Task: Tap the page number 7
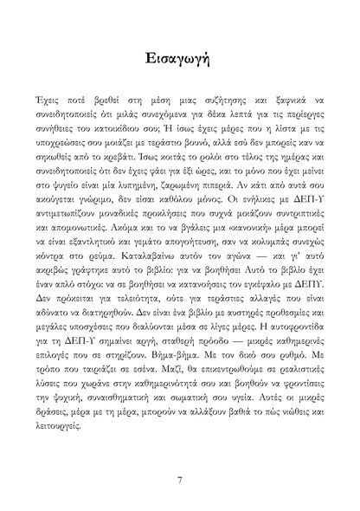[179, 480]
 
